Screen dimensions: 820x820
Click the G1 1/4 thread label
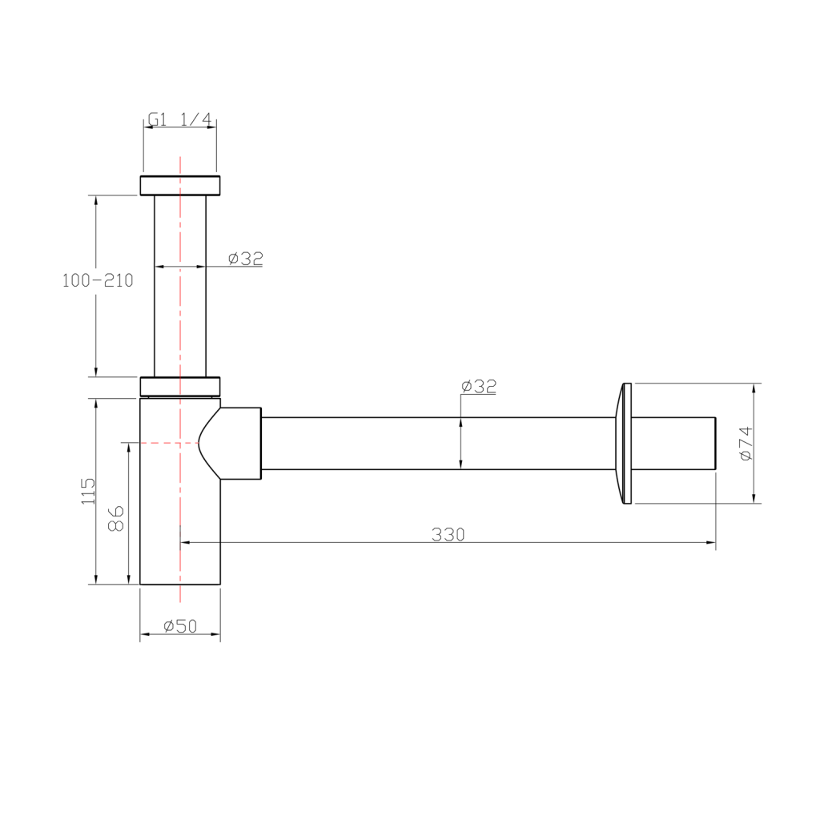tap(180, 120)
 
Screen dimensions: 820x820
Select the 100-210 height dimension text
tap(98, 280)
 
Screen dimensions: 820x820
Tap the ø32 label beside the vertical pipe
tap(245, 258)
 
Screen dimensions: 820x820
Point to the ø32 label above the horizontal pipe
tap(479, 386)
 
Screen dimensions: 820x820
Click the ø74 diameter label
tap(746, 444)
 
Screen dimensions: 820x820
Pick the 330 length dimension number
tap(448, 534)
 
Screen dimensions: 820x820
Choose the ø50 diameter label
tap(180, 625)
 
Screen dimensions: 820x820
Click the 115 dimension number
tap(88, 491)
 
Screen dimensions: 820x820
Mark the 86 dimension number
tap(115, 518)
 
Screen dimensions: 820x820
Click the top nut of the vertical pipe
tap(180, 186)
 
